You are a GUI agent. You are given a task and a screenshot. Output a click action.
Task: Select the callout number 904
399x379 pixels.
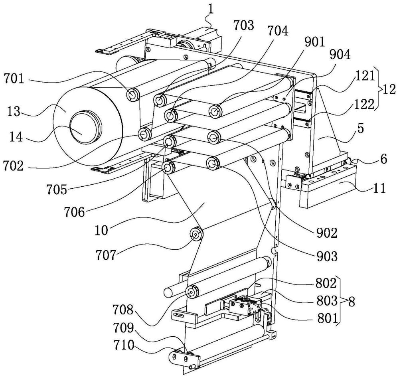pyautogui.click(x=340, y=55)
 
